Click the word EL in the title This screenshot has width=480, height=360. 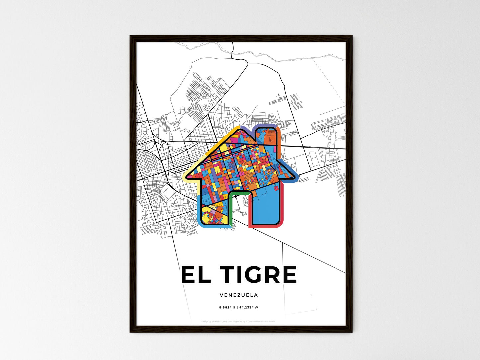196,275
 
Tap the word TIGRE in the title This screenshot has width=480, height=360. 258,275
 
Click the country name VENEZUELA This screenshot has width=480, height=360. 239,295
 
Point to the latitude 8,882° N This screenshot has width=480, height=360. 227,307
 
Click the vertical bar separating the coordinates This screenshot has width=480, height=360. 237,307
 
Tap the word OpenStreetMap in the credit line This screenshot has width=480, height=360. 258,321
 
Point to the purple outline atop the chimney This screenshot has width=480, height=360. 265,125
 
